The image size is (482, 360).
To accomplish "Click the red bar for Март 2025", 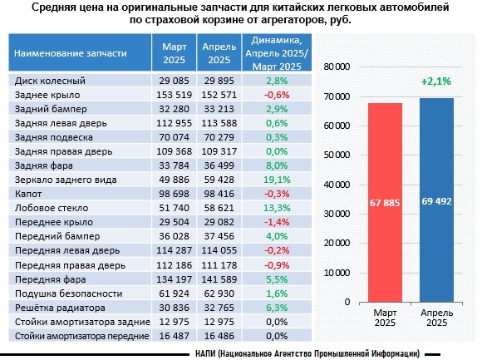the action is (385, 202).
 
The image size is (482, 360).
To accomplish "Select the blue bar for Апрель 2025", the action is (436, 200).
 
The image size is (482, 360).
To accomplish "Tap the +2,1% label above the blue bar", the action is (436, 81).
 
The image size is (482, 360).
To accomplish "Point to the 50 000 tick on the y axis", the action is (337, 155).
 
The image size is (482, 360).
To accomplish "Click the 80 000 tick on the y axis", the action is (337, 67).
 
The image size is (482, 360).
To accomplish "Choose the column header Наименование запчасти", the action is (71, 53).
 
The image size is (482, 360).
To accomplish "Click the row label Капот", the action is (28, 194).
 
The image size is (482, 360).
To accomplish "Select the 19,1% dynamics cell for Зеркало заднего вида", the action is (277, 180).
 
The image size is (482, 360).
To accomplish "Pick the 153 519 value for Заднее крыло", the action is (174, 95).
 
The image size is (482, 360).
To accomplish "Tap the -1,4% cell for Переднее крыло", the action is (277, 222).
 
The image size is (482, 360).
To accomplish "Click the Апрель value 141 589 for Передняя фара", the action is (219, 279).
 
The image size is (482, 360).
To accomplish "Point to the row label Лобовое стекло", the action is (52, 208).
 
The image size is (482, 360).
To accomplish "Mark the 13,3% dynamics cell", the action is (277, 208).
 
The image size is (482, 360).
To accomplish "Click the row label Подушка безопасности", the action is (68, 293).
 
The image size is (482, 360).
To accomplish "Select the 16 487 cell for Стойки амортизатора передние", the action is (174, 336).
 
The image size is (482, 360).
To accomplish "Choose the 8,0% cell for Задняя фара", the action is (277, 165).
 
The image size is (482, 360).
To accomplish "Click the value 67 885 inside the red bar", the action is (385, 203).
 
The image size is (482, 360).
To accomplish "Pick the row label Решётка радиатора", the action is (60, 308).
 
